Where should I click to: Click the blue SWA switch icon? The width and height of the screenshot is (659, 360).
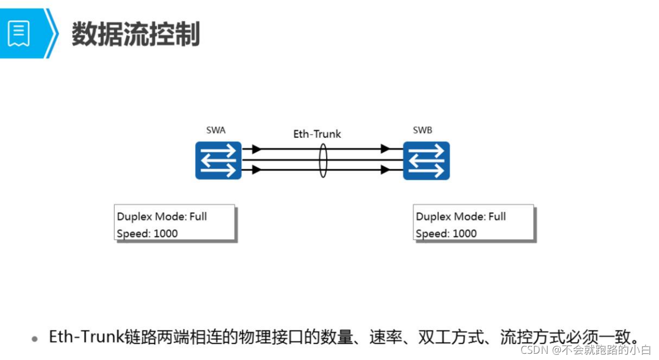point(218,160)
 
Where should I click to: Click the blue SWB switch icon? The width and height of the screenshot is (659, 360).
point(426,160)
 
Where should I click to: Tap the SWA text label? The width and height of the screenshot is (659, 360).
point(216,130)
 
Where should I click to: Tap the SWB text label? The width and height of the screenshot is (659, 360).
point(423,130)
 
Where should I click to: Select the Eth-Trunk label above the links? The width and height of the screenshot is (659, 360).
point(317,134)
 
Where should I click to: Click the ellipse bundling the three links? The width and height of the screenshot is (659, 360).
point(323,160)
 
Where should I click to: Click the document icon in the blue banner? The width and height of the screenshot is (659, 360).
point(19,34)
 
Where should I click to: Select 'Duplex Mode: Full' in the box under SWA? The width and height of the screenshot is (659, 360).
point(162,217)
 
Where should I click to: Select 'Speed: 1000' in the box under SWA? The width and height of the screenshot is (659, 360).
point(147,234)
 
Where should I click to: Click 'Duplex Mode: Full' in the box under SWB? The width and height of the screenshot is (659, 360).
point(461,217)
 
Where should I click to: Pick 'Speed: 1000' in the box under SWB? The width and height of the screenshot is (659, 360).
point(446,234)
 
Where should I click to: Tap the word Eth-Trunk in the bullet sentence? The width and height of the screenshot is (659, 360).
point(86,337)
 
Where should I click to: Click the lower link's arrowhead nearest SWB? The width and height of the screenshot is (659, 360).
point(385,169)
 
